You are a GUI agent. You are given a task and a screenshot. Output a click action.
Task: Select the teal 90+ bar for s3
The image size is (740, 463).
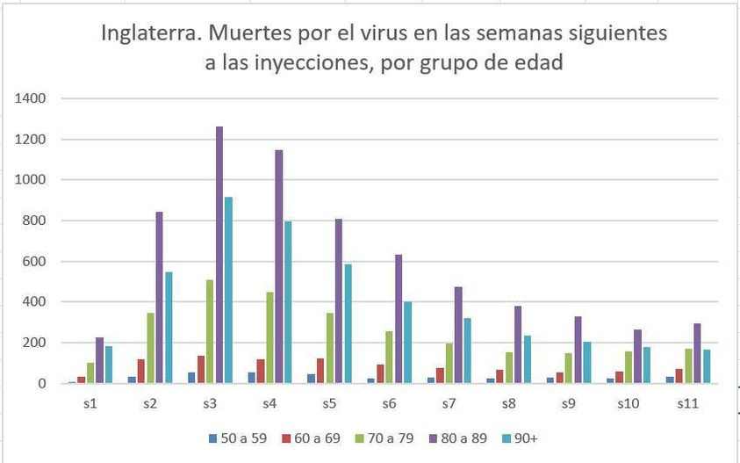228,290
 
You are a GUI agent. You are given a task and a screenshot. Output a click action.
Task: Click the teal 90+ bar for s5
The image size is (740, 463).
348,322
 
